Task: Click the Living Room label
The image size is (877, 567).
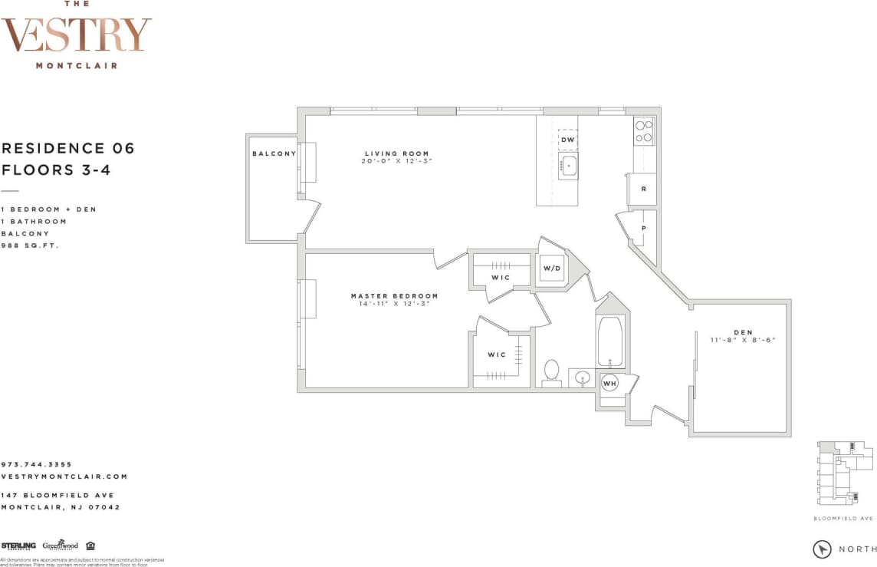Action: pyautogui.click(x=396, y=153)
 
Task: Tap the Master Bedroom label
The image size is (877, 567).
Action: pyautogui.click(x=394, y=296)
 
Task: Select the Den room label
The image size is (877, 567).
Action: pyautogui.click(x=742, y=332)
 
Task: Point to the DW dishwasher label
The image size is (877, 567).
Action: pyautogui.click(x=567, y=140)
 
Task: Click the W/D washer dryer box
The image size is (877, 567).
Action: pyautogui.click(x=552, y=269)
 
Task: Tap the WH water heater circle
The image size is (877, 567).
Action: pyautogui.click(x=609, y=383)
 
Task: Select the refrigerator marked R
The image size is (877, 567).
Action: pyautogui.click(x=642, y=189)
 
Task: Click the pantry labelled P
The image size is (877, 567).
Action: pyautogui.click(x=644, y=227)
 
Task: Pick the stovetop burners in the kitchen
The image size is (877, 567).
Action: pyautogui.click(x=643, y=130)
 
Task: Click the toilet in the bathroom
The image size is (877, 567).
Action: pyautogui.click(x=551, y=371)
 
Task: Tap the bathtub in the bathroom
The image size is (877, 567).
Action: pyautogui.click(x=610, y=341)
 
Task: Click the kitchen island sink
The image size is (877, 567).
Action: pyautogui.click(x=568, y=165)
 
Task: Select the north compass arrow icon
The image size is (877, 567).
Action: pyautogui.click(x=823, y=549)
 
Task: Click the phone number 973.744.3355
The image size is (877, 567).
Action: pyautogui.click(x=37, y=464)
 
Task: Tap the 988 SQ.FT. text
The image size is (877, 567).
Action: pyautogui.click(x=30, y=246)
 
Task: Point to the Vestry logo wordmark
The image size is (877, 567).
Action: pyautogui.click(x=76, y=35)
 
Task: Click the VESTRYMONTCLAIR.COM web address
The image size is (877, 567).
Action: pyautogui.click(x=64, y=476)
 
